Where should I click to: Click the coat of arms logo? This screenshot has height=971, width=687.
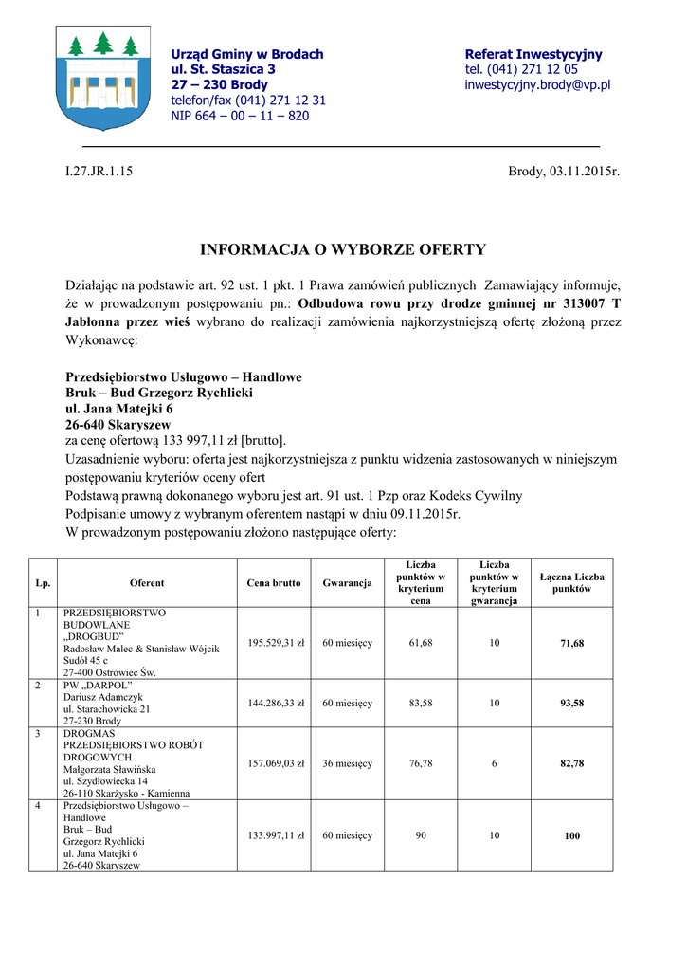point(98,77)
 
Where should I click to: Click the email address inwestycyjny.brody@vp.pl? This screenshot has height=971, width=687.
point(537,85)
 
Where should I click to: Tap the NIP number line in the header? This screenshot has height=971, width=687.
point(240,116)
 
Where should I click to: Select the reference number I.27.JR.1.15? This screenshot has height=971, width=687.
point(99,172)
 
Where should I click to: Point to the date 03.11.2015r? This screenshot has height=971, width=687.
point(584,172)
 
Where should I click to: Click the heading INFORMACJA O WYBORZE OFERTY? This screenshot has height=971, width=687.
point(342,250)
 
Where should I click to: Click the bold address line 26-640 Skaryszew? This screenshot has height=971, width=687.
point(118,424)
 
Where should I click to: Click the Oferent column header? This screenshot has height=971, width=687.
point(147,583)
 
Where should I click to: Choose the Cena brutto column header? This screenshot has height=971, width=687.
point(274,583)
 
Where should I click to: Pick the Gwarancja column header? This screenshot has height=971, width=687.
point(347,583)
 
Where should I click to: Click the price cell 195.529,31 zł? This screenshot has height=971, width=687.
point(275,643)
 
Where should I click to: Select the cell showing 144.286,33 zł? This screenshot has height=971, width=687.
point(275,704)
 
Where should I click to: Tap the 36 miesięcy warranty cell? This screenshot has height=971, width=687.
point(347,763)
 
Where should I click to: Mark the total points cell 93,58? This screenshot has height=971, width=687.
point(571,704)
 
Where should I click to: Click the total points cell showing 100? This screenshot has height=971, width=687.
point(571,836)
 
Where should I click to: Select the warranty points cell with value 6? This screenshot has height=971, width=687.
point(494,763)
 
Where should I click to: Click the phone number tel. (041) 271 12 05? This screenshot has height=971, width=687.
point(521,70)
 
